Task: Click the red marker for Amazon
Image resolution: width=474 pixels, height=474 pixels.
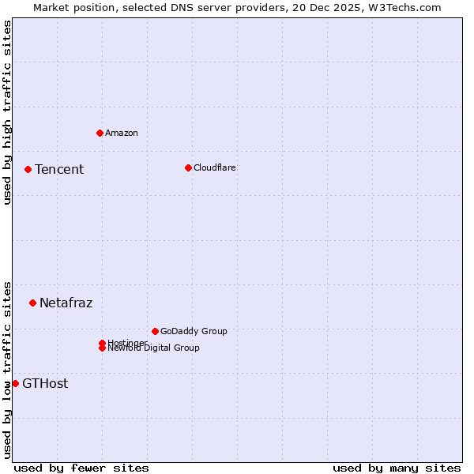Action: pyautogui.click(x=100, y=133)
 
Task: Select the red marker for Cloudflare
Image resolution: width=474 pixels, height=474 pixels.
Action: pyautogui.click(x=188, y=167)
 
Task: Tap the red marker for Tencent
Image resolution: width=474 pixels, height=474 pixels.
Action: pyautogui.click(x=28, y=169)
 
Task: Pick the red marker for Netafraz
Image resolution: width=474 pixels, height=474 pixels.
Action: pyautogui.click(x=32, y=303)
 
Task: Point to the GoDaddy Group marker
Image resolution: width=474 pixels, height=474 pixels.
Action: pyautogui.click(x=155, y=331)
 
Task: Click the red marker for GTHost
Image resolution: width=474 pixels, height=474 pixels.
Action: pyautogui.click(x=15, y=383)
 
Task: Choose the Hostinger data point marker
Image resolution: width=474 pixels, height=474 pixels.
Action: pyautogui.click(x=102, y=343)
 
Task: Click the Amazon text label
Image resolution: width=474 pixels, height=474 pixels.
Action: pyautogui.click(x=122, y=133)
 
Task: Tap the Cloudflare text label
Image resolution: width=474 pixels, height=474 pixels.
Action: pyautogui.click(x=215, y=167)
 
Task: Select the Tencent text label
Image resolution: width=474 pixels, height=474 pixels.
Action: pyautogui.click(x=59, y=169)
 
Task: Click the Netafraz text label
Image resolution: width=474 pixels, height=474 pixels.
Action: pyautogui.click(x=66, y=303)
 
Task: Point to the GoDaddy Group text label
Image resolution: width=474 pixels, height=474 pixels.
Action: pyautogui.click(x=194, y=331)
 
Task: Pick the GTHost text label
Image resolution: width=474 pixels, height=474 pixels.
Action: pyautogui.click(x=45, y=383)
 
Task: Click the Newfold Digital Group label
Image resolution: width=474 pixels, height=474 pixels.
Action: pyautogui.click(x=154, y=348)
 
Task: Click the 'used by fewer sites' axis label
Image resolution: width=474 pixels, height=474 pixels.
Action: pyautogui.click(x=81, y=468)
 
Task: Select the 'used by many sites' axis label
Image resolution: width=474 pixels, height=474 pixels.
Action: pyautogui.click(x=397, y=468)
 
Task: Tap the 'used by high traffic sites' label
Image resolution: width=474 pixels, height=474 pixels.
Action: pyautogui.click(x=8, y=112)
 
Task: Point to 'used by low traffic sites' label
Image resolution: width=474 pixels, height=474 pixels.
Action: pyautogui.click(x=8, y=369)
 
